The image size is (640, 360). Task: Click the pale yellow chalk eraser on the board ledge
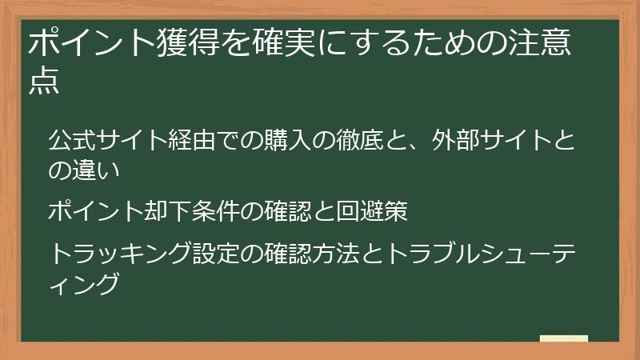coord(564,339)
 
